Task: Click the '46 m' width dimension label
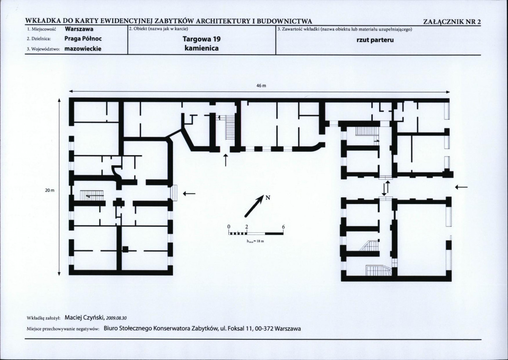click(261, 86)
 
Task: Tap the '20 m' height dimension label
click(50, 190)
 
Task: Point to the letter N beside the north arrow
click(268, 198)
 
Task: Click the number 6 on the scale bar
click(283, 227)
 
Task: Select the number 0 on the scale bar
click(229, 226)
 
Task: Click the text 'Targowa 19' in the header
click(202, 39)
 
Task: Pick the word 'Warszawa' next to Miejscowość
click(79, 29)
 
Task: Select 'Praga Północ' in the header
click(83, 39)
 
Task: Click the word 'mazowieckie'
click(83, 49)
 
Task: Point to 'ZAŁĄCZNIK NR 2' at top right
click(452, 22)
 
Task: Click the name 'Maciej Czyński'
click(85, 317)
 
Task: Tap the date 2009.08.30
click(117, 318)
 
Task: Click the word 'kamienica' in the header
click(202, 48)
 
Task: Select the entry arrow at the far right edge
click(461, 187)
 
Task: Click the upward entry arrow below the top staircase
click(226, 160)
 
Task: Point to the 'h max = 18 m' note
click(256, 241)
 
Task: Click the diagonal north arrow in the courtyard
click(255, 206)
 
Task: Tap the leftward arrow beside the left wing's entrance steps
click(189, 194)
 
